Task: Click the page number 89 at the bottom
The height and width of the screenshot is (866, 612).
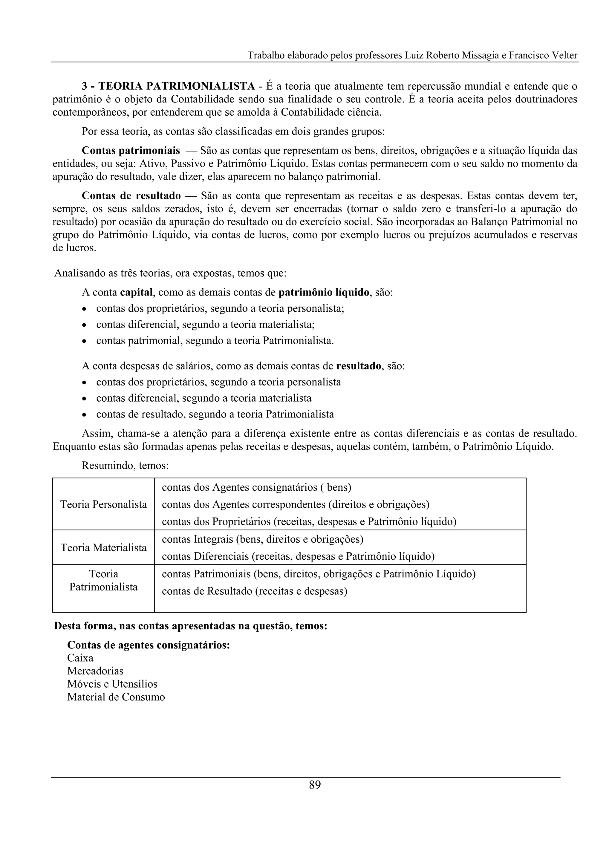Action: point(314,785)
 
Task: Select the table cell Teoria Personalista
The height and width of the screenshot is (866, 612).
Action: point(103,504)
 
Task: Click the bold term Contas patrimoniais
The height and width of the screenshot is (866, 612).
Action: point(131,151)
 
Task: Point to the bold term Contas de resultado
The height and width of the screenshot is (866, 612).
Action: point(131,196)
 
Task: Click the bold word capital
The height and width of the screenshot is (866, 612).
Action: point(139,292)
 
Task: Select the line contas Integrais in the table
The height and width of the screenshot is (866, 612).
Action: point(262,539)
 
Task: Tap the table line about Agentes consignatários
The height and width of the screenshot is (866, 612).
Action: point(256,487)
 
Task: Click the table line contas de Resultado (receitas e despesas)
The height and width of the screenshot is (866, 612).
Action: point(254,591)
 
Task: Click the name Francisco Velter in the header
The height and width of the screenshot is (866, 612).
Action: point(543,56)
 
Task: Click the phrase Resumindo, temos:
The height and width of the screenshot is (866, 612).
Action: point(125,466)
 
